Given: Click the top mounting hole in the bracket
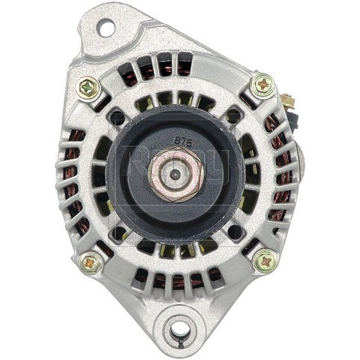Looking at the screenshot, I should pyautogui.click(x=105, y=28).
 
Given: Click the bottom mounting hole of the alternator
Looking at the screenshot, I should pyautogui.click(x=179, y=328).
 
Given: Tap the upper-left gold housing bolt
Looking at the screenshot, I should pyautogui.click(x=88, y=88).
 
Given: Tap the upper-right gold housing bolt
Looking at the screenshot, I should pyautogui.click(x=262, y=85).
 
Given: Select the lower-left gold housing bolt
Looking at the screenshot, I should pyautogui.click(x=91, y=261).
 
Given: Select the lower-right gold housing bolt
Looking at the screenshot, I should pyautogui.click(x=265, y=260).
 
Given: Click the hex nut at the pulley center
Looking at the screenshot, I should pyautogui.click(x=176, y=172).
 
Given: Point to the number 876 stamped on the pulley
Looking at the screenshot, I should pyautogui.click(x=182, y=140).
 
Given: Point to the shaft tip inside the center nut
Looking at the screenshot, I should pyautogui.click(x=175, y=172).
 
